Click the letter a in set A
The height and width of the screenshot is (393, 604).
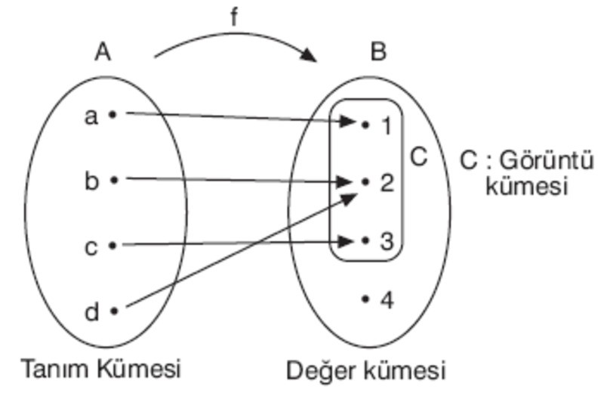[x=91, y=116]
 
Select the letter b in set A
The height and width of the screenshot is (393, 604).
[x=91, y=181]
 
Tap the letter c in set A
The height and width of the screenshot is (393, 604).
[x=91, y=246]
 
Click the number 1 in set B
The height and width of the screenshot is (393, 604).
[x=387, y=125]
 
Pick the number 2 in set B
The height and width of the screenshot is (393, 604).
[x=387, y=183]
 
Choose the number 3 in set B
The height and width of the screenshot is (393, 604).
[x=387, y=242]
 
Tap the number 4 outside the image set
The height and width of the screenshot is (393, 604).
[x=387, y=301]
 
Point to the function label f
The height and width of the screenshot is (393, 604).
[x=234, y=17]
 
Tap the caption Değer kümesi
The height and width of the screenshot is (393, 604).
[x=366, y=371]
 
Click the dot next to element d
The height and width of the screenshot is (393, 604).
[x=113, y=310]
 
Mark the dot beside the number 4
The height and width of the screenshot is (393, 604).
[x=365, y=299]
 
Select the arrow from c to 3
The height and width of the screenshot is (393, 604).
[x=234, y=243]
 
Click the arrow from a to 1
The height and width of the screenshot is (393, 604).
[x=234, y=116]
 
